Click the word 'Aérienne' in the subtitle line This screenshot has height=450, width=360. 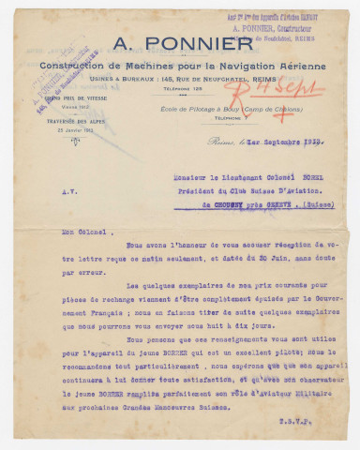[294, 64]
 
